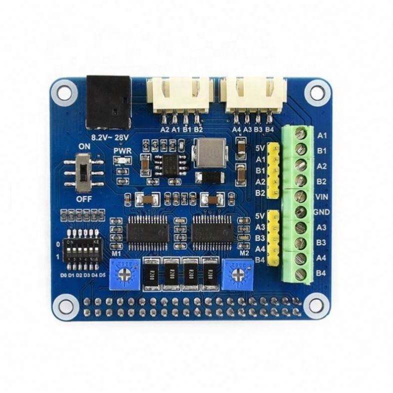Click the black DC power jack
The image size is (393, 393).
[x=109, y=103]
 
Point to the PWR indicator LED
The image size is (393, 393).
[x=120, y=160]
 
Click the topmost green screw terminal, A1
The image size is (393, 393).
[x=301, y=134]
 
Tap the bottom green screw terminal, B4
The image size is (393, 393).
[x=301, y=274]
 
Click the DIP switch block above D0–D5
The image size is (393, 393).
[x=80, y=248]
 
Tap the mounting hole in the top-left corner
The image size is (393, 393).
[x=64, y=92]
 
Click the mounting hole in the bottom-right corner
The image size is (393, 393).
[x=316, y=303]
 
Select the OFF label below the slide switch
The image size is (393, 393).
[x=83, y=198]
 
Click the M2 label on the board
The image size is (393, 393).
[x=244, y=253]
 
